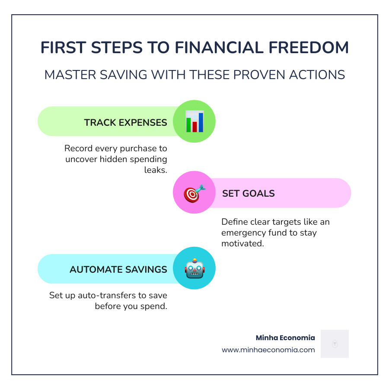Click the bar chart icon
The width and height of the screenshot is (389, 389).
point(194,121)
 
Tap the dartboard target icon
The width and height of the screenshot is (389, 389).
point(194,193)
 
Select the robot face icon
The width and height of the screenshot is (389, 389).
point(194,268)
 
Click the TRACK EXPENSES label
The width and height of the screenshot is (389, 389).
point(125,122)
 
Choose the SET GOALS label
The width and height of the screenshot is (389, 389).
point(248,193)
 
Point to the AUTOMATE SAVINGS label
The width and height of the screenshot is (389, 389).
point(118,269)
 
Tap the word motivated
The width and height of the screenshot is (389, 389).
point(243,243)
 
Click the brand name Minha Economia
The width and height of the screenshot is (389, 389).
point(285,338)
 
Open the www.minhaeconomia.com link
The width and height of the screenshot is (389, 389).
point(268,350)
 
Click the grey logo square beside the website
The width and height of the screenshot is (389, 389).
point(335,344)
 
